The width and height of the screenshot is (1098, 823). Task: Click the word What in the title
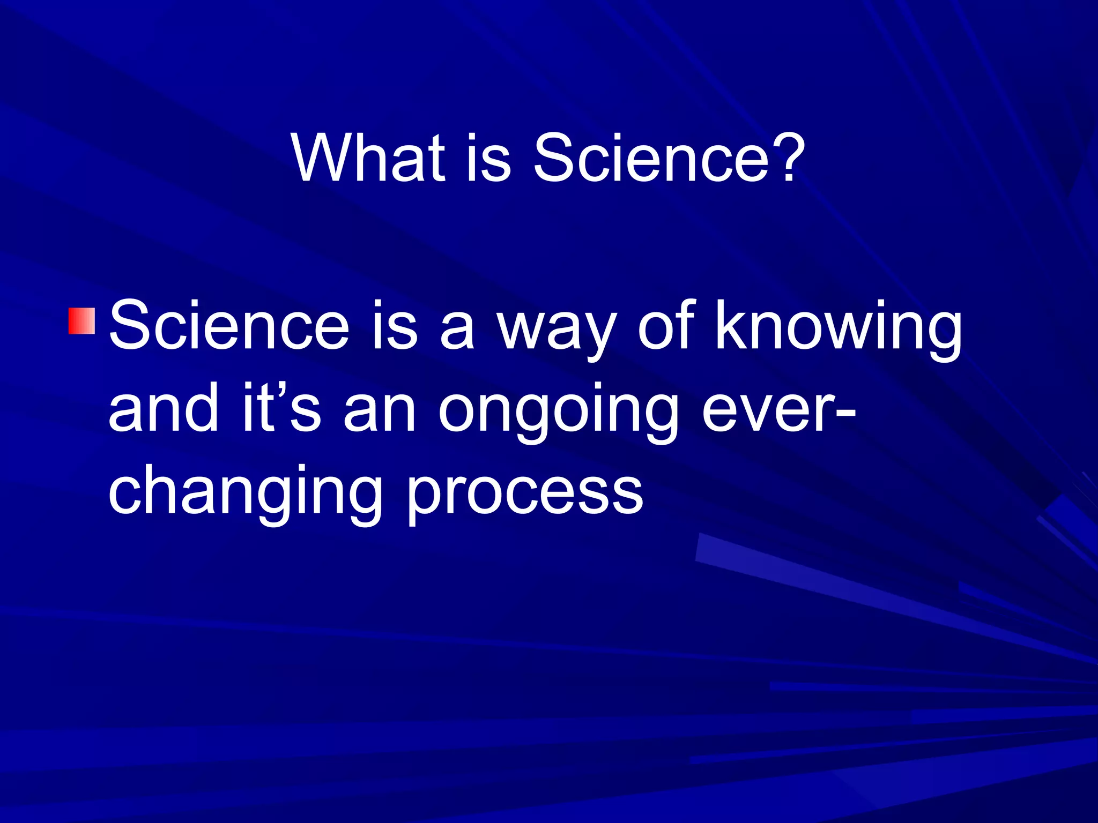[x=369, y=158]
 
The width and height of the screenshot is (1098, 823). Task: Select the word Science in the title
[x=651, y=158]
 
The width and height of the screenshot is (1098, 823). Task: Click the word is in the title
[x=488, y=158]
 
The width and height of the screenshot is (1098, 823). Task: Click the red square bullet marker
[x=82, y=321]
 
